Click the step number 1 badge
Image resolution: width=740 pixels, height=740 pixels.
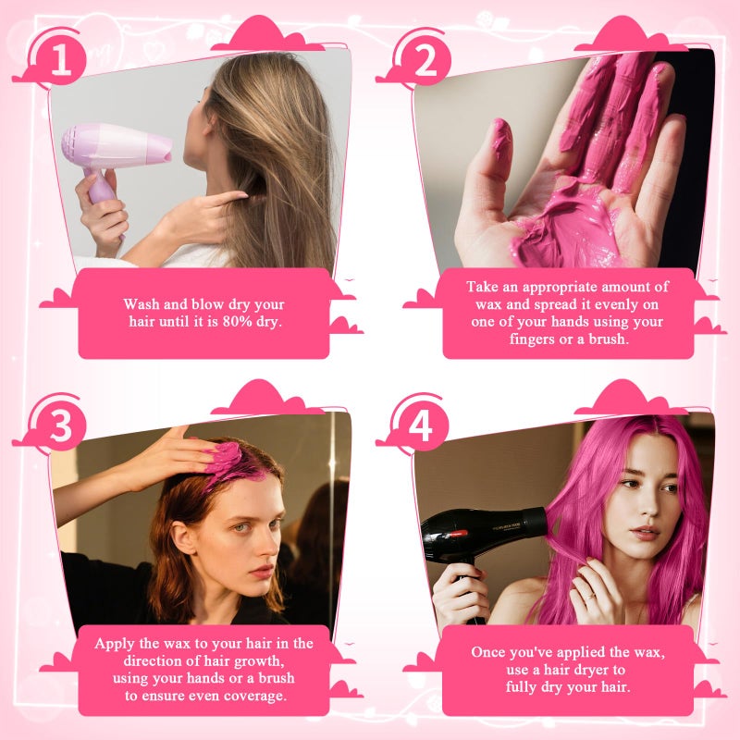(61, 61)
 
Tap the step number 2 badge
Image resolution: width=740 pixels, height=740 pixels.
(425, 61)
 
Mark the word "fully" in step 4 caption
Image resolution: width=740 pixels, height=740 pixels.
(524, 687)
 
